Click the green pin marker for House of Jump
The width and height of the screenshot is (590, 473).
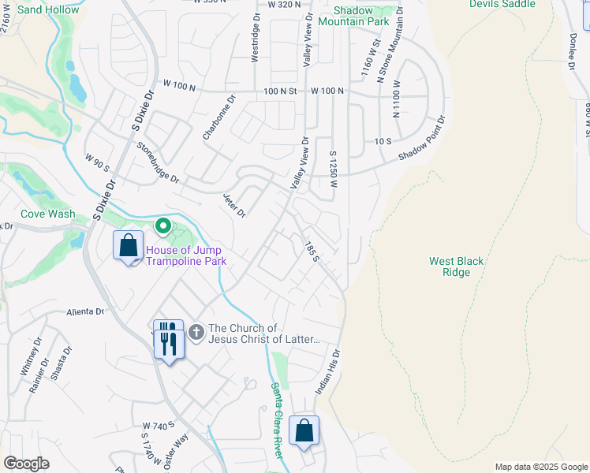(x=163, y=227)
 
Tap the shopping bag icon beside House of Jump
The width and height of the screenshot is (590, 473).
(x=128, y=246)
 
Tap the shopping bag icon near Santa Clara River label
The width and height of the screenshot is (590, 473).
(x=304, y=431)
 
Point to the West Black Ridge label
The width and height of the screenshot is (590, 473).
(x=456, y=266)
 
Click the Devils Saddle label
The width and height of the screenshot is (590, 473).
(x=502, y=4)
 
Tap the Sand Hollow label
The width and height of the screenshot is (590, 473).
(x=49, y=10)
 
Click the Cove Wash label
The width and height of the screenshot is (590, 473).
(x=49, y=214)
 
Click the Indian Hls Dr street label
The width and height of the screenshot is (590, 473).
(x=333, y=372)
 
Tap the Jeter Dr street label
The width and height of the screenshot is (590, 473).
(x=234, y=205)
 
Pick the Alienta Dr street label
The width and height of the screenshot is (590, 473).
(x=85, y=311)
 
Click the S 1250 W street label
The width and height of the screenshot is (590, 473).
(x=334, y=169)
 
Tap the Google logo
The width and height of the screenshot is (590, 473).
(x=26, y=464)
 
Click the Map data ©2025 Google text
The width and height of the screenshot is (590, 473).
(x=540, y=467)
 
